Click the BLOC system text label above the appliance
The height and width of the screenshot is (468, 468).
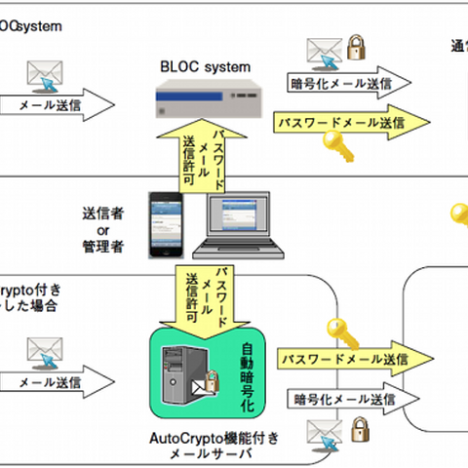coord(205,67)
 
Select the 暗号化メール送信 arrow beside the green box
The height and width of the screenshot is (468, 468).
coord(346,400)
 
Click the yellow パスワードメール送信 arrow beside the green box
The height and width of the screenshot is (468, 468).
coord(341,362)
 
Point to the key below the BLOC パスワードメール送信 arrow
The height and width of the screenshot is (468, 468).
coord(339,146)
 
